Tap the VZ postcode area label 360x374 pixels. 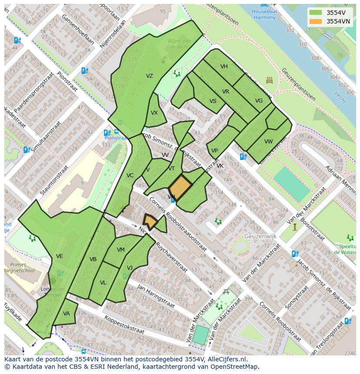[150, 76]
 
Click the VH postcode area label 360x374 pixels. [224, 66]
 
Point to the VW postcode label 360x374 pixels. [268, 142]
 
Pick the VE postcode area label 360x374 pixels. [60, 256]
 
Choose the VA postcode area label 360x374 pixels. [67, 314]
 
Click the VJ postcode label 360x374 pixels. [130, 268]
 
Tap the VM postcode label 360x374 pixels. [121, 249]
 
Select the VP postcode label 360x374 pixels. [214, 151]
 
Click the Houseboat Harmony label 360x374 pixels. [264, 15]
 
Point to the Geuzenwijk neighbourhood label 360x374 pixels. [261, 236]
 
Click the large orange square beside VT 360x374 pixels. [180, 187]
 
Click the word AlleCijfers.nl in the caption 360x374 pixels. [226, 359]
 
